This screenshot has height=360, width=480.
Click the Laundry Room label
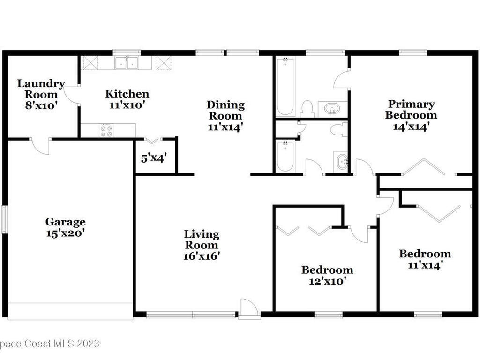pos(41,95)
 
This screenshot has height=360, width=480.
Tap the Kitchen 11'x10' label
pos(127,99)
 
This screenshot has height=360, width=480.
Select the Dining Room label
pos(226,116)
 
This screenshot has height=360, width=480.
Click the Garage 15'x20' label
pos(66,226)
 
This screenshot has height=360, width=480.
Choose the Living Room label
pos(202,245)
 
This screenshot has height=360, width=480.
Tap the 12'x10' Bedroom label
pos(327,275)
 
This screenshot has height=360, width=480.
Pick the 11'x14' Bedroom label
pos(425,259)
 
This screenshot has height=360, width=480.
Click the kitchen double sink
pos(127,63)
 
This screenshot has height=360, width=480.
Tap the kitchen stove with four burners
pos(106,130)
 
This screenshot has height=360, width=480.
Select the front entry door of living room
pos(249,309)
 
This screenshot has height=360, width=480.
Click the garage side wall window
pos(4,219)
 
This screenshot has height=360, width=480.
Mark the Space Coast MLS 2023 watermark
pos(50,344)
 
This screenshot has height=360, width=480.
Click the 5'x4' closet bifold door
pos(151,140)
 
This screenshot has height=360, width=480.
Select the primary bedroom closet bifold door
pos(424,167)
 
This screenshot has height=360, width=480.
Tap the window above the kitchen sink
pos(127,52)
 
